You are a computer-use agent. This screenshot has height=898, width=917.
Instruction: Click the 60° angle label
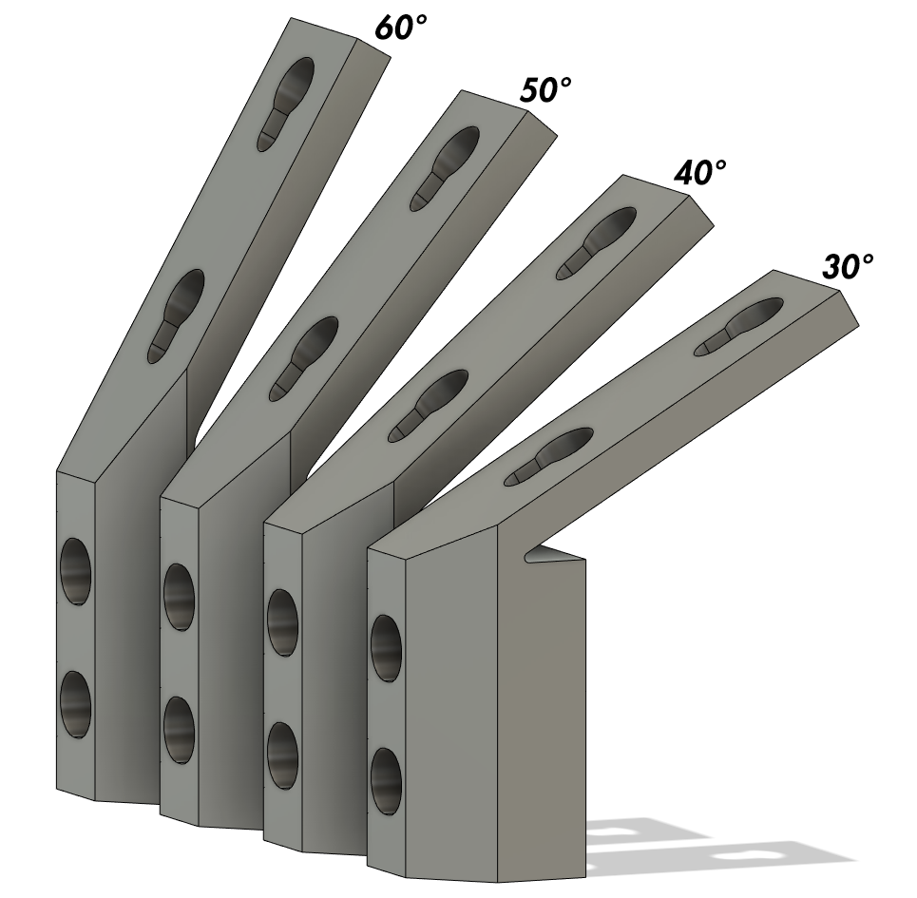pyautogui.click(x=400, y=28)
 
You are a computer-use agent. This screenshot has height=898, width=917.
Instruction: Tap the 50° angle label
pyautogui.click(x=545, y=91)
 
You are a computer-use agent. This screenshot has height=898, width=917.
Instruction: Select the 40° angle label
pyautogui.click(x=699, y=173)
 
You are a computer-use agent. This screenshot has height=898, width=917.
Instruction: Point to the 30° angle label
pyautogui.click(x=847, y=267)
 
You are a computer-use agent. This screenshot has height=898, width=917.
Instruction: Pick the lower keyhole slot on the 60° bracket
pyautogui.click(x=177, y=315)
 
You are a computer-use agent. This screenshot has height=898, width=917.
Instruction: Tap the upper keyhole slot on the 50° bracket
pyautogui.click(x=444, y=166)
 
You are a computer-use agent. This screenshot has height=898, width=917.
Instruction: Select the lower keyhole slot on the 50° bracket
pyautogui.click(x=305, y=356)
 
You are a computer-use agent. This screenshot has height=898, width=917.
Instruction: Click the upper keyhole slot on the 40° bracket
pyautogui.click(x=599, y=241)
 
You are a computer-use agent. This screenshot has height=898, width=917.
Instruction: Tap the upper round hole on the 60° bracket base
pyautogui.click(x=76, y=571)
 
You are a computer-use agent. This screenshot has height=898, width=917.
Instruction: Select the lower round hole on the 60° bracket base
pyautogui.click(x=75, y=704)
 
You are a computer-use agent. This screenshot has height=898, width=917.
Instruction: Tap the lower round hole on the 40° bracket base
pyautogui.click(x=281, y=755)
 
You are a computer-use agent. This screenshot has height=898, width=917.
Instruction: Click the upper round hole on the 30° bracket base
pyautogui.click(x=385, y=648)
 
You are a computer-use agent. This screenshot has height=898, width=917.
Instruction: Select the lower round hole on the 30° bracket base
pyautogui.click(x=385, y=780)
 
